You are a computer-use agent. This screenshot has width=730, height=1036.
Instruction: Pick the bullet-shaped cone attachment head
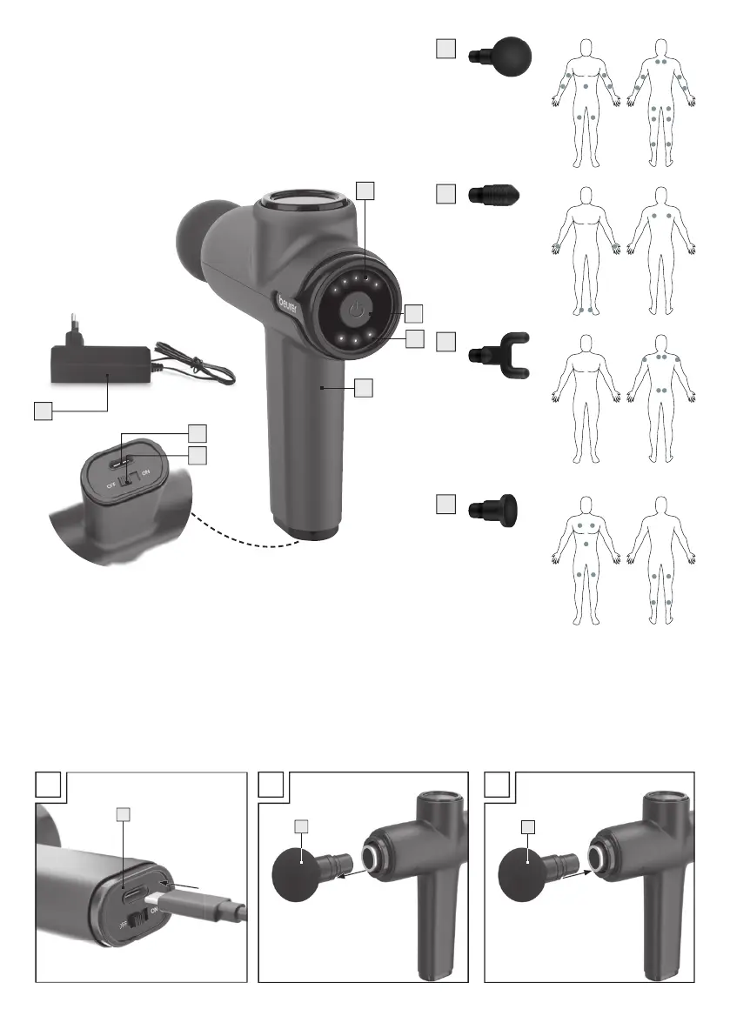coord(495,195)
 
